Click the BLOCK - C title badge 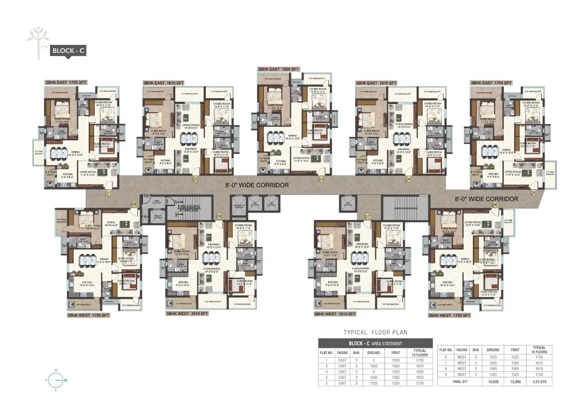pyautogui.click(x=68, y=51)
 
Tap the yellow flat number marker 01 pyautogui.click(x=108, y=193)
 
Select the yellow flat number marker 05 pyautogui.click(x=533, y=193)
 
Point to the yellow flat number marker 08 pyautogui.click(x=219, y=216)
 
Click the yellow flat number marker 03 pyautogui.click(x=321, y=179)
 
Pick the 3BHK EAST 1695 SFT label pyautogui.click(x=278, y=69)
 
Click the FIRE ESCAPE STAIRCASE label pyautogui.click(x=189, y=208)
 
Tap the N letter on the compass pyautogui.click(x=66, y=380)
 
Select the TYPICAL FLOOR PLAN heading pyautogui.click(x=375, y=332)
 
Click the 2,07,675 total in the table pyautogui.click(x=539, y=382)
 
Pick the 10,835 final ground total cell pyautogui.click(x=493, y=382)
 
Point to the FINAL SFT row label pyautogui.click(x=460, y=382)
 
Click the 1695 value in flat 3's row pyautogui.click(x=420, y=372)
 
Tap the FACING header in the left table pyautogui.click(x=342, y=353)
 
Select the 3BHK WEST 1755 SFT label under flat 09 pyautogui.click(x=88, y=315)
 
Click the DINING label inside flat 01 pyautogui.click(x=75, y=152)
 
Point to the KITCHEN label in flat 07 pyautogui.click(x=333, y=282)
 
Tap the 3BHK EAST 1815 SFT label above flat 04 pyautogui.click(x=376, y=83)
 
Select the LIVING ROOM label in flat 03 pyautogui.click(x=301, y=158)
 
